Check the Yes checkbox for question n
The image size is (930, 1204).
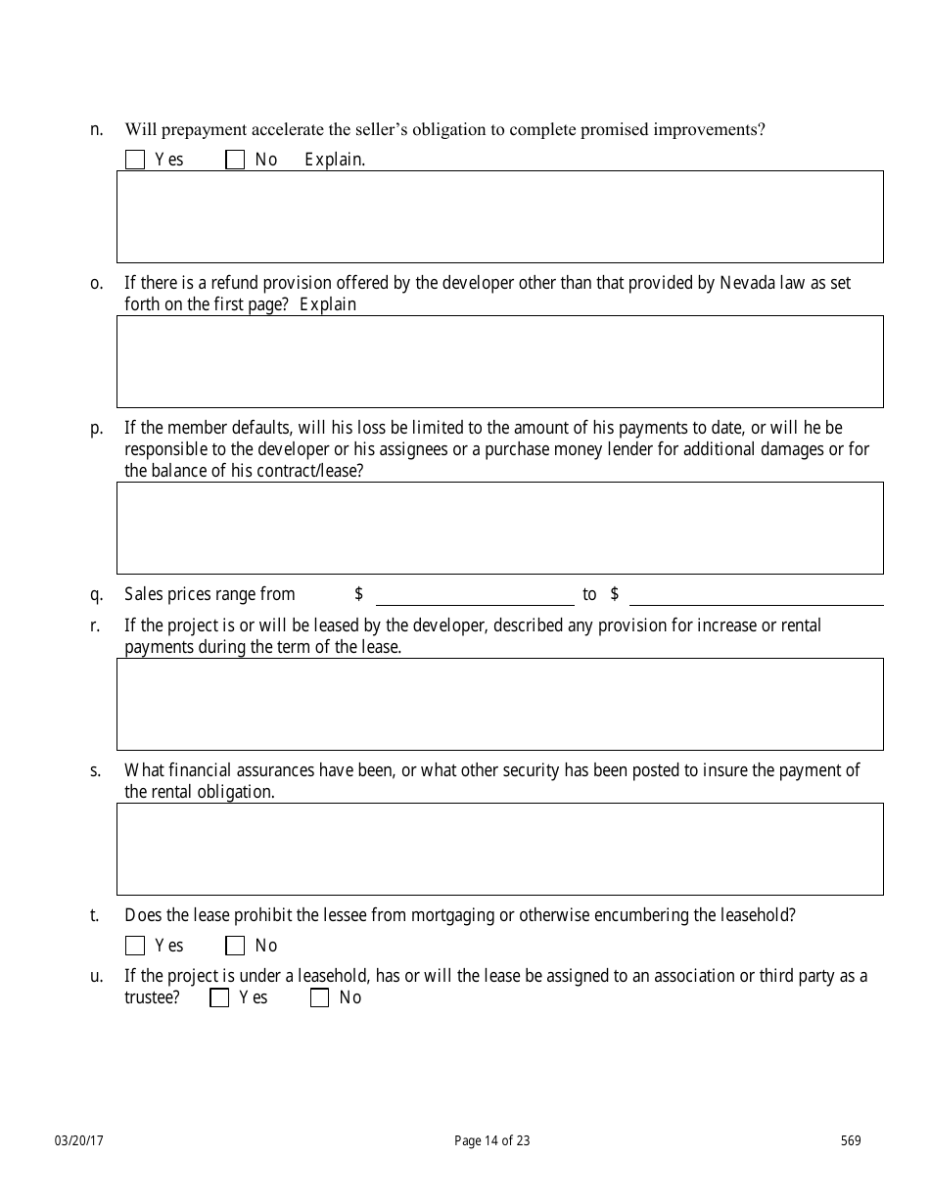tap(135, 160)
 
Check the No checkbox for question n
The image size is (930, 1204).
tap(235, 160)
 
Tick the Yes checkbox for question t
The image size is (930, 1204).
tap(135, 946)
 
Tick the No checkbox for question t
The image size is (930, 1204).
tap(235, 946)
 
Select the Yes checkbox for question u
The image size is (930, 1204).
tap(219, 997)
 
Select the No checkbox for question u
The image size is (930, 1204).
tap(319, 997)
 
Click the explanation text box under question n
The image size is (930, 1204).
tap(499, 216)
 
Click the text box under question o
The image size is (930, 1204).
tap(499, 361)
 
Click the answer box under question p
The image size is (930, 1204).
tap(499, 528)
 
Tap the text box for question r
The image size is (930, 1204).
tap(499, 704)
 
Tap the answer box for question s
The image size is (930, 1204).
tap(499, 849)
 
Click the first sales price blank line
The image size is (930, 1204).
tap(475, 595)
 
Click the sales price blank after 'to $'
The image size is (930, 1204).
tap(757, 595)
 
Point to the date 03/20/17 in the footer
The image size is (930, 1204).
tap(79, 1140)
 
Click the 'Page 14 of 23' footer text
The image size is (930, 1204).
tap(492, 1140)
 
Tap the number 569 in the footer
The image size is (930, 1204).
tap(850, 1140)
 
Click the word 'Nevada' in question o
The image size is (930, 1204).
tap(747, 283)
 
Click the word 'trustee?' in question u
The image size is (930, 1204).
tap(152, 997)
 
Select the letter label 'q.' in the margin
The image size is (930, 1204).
tap(97, 594)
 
